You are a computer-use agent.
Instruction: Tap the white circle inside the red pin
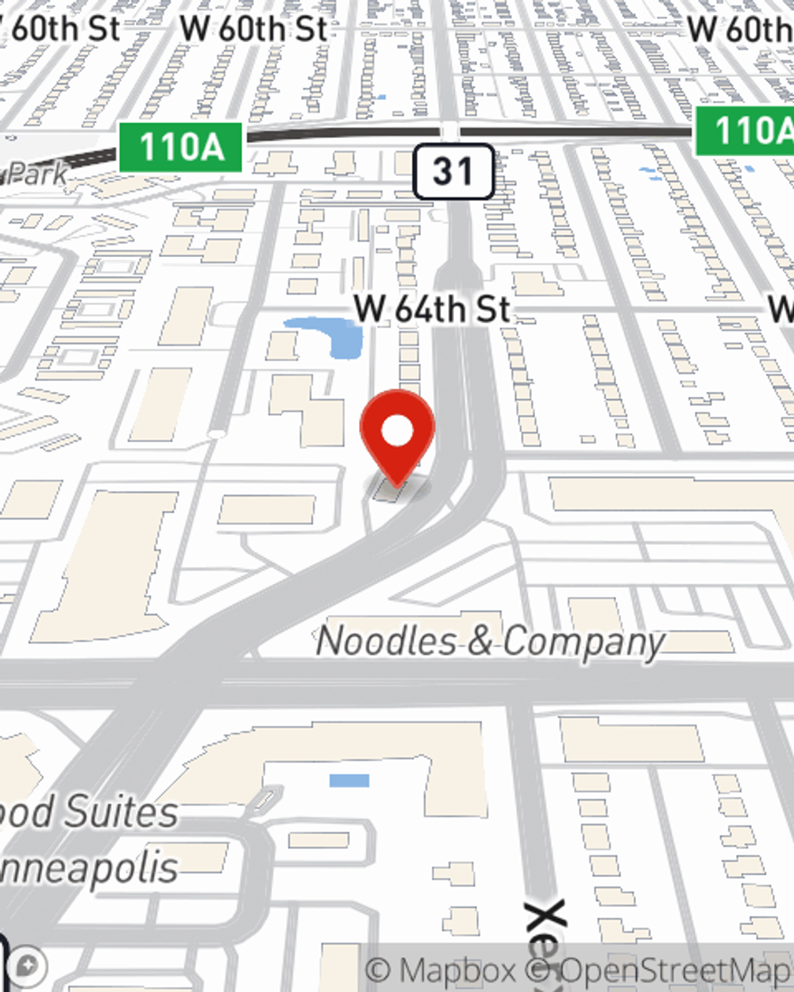pos(398,432)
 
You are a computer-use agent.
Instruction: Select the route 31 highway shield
pos(453,171)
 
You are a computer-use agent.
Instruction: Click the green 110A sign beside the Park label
pos(181,148)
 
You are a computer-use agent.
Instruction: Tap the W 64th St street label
pos(433,310)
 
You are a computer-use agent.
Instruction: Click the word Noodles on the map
pos(387,640)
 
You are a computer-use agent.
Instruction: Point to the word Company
pos(584,643)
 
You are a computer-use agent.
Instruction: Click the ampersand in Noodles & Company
pos(480,641)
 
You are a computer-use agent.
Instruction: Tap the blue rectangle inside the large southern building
pos(349,781)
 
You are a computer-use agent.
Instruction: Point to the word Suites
pos(121,813)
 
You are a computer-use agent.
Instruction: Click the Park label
pos(36,173)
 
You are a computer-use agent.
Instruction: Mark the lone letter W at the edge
pos(781,310)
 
